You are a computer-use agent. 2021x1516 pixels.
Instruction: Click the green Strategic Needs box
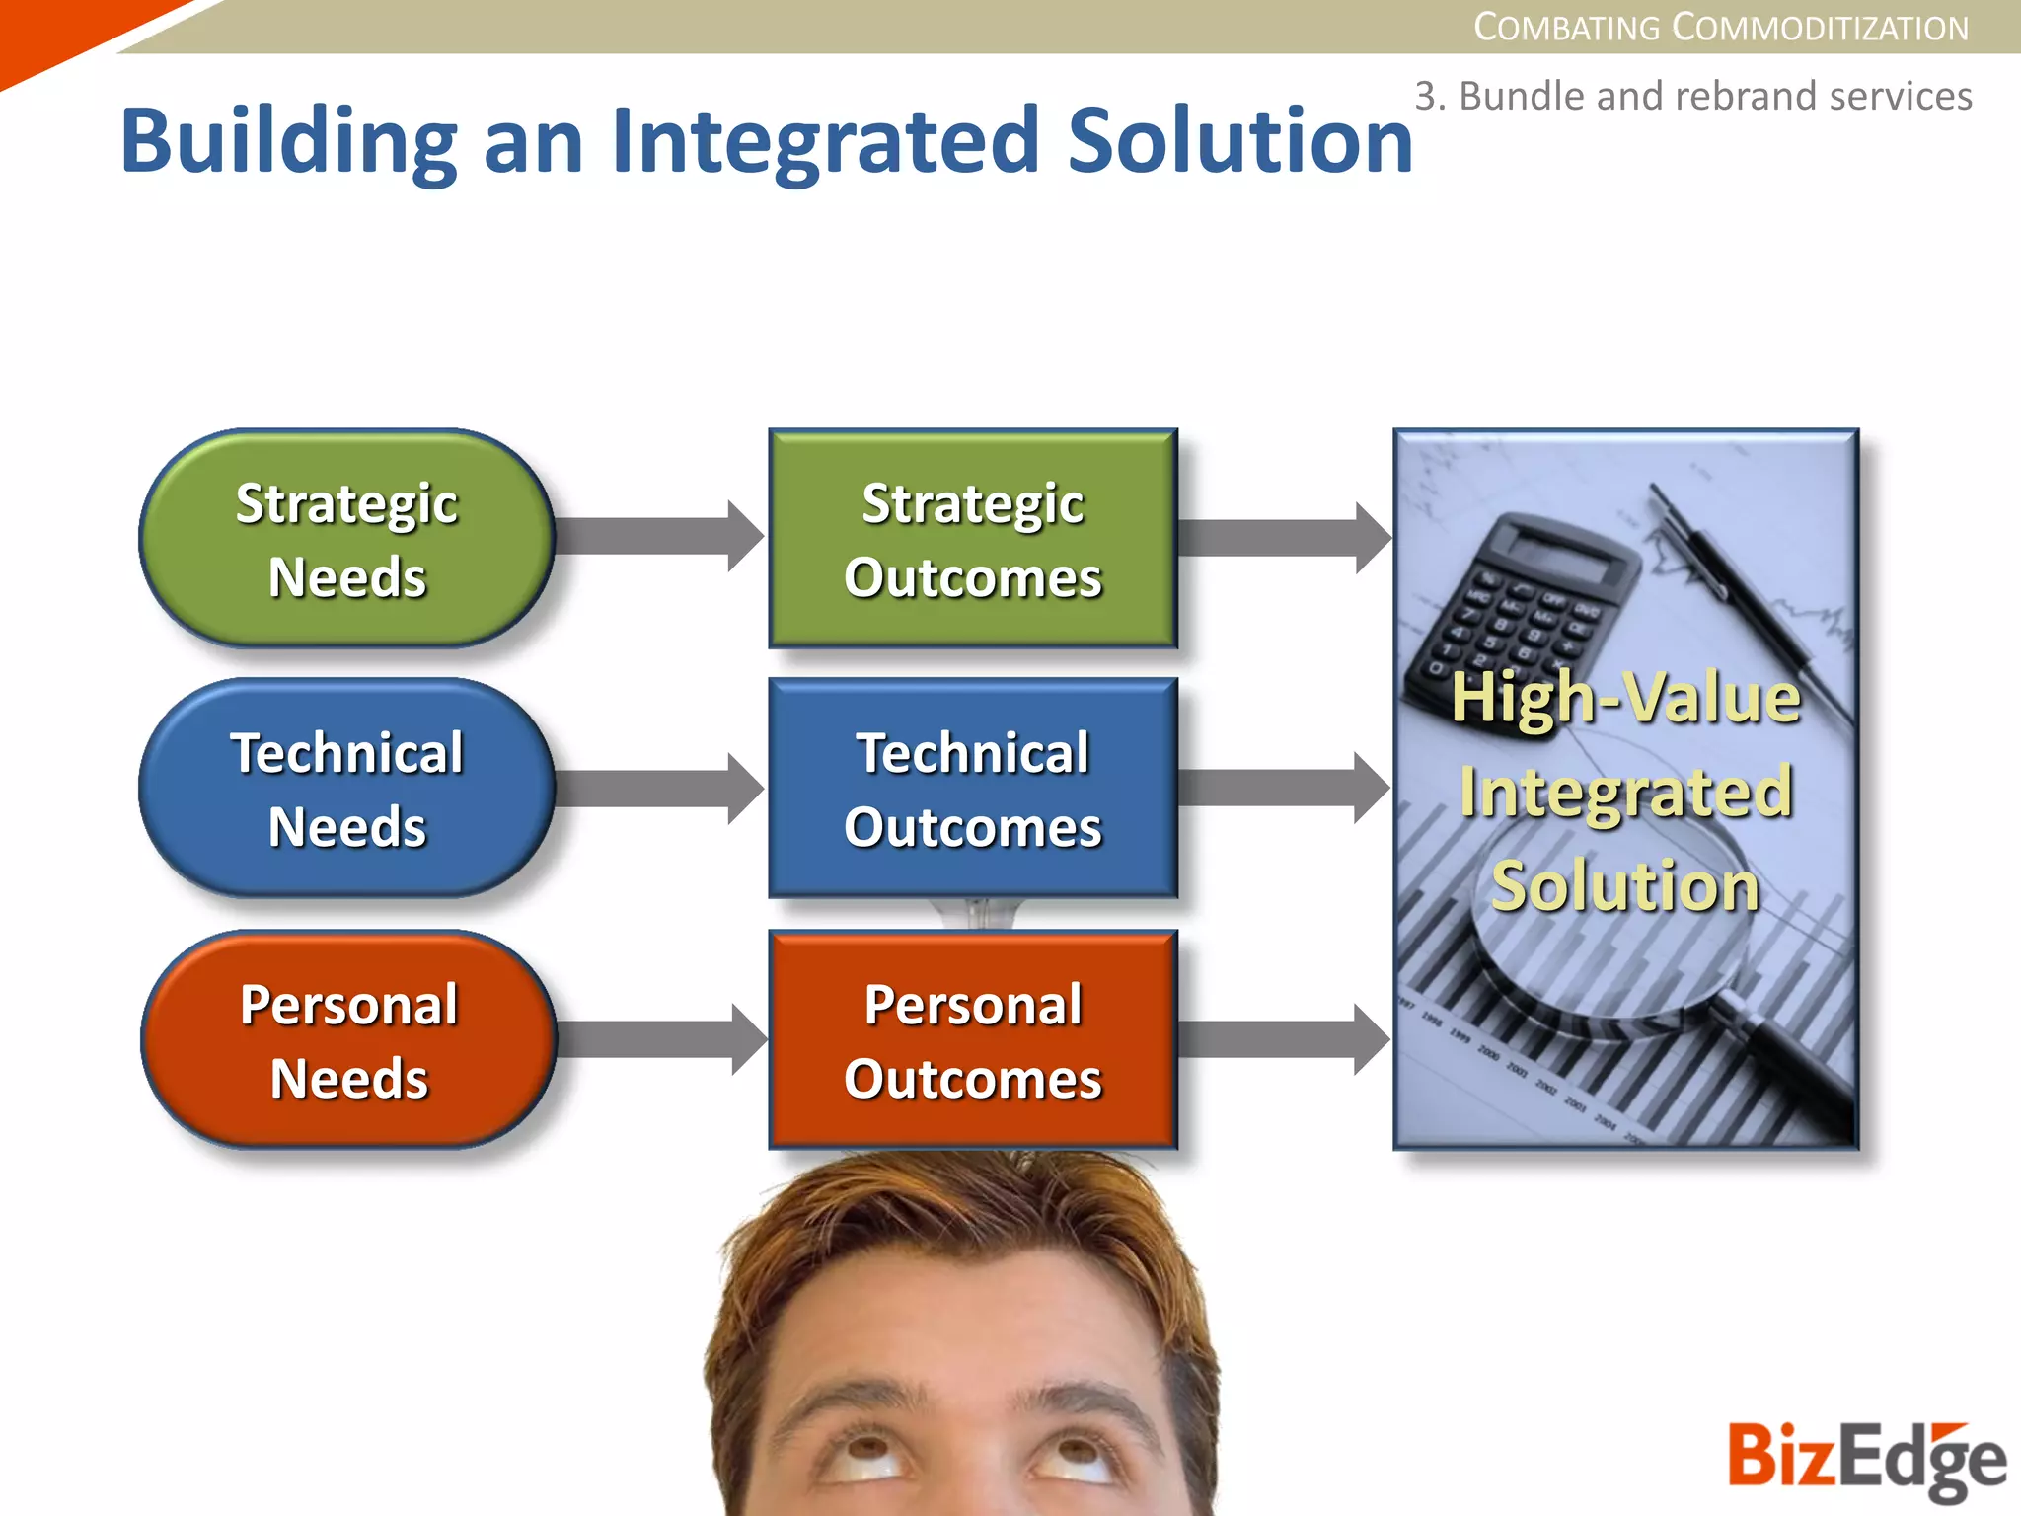coord(346,539)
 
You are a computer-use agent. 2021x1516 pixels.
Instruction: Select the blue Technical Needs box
coord(346,789)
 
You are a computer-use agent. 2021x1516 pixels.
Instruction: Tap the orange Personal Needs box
coord(348,1040)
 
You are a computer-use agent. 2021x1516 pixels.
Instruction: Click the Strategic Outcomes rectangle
coord(972,539)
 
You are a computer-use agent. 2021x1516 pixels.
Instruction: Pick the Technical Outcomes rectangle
coord(972,789)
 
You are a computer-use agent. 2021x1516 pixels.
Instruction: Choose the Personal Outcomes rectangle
coord(972,1040)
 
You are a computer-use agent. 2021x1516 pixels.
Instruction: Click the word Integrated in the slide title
coord(825,140)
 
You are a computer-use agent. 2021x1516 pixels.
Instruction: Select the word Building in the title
coord(288,140)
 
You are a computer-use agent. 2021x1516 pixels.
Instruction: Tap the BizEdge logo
coord(1865,1459)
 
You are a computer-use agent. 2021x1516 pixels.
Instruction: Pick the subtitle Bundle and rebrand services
coord(1692,96)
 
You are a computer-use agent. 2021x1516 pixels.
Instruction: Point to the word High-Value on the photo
coord(1625,699)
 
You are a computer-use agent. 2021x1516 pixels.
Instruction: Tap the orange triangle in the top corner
coord(59,35)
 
